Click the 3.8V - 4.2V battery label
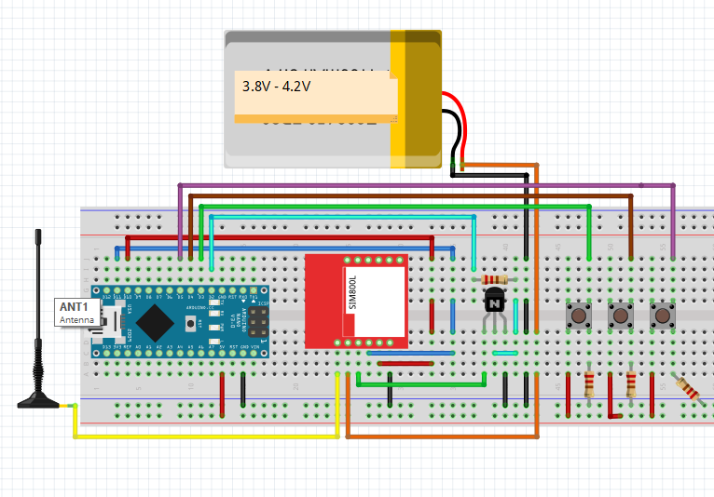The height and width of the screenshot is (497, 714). (x=276, y=86)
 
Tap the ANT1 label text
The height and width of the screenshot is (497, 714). (x=74, y=307)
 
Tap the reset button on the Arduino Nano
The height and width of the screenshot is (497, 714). (x=192, y=323)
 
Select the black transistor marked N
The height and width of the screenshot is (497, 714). (x=494, y=302)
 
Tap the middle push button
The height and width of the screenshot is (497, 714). (x=620, y=316)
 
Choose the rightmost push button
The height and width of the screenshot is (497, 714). (x=662, y=316)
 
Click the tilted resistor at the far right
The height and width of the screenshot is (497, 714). (x=688, y=388)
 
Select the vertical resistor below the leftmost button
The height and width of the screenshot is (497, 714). (x=589, y=383)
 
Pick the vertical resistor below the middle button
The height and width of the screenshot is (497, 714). (x=631, y=383)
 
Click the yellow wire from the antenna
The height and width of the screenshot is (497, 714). (x=205, y=436)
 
